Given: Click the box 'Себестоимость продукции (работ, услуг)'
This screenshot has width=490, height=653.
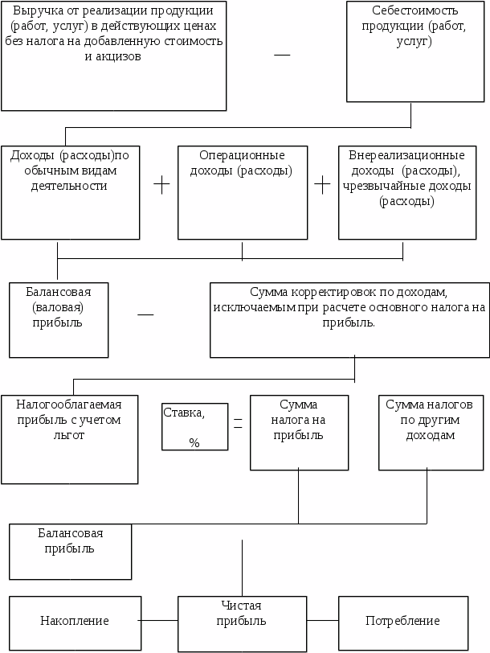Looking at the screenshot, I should coord(413,51).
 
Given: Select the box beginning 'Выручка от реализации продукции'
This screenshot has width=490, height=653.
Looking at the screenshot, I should coord(113,55).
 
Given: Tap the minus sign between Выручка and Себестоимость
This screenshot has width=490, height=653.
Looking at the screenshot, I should coord(282,54).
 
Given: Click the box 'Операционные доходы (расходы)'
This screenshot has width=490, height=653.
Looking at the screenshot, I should coord(243,192).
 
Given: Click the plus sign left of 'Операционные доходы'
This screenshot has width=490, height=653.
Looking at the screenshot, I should coord(162,184).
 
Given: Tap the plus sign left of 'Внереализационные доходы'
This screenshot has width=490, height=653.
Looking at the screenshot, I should coord(322,184).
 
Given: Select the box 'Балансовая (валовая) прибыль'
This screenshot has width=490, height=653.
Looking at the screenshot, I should coord(59,319).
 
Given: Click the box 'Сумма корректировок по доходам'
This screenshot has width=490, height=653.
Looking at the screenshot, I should coord(349,319).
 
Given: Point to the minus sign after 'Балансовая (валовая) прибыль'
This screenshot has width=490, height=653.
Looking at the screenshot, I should coord(145,314).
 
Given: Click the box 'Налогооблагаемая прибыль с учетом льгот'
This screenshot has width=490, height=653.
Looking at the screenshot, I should coord(69,438).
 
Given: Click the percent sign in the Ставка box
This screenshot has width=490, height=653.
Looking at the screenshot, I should coord(194,442).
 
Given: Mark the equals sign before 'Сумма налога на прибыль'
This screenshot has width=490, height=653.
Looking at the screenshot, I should coord(238,423).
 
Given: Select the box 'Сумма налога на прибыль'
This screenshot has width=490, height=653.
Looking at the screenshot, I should coord(299,432).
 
